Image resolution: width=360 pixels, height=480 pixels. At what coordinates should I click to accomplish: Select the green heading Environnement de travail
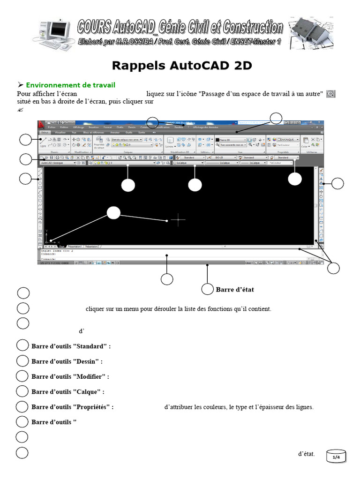click(70, 85)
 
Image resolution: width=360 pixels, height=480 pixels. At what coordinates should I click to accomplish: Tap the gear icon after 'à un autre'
click(330, 94)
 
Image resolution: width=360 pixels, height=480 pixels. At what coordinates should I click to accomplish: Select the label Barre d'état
click(235, 290)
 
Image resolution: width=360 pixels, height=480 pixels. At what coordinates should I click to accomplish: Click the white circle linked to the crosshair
click(113, 213)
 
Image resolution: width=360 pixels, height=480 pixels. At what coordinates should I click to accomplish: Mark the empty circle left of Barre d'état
click(207, 290)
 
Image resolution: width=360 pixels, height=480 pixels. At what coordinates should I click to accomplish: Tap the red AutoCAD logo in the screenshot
click(42, 125)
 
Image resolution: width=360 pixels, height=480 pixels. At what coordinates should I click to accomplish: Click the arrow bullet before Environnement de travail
click(20, 85)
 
